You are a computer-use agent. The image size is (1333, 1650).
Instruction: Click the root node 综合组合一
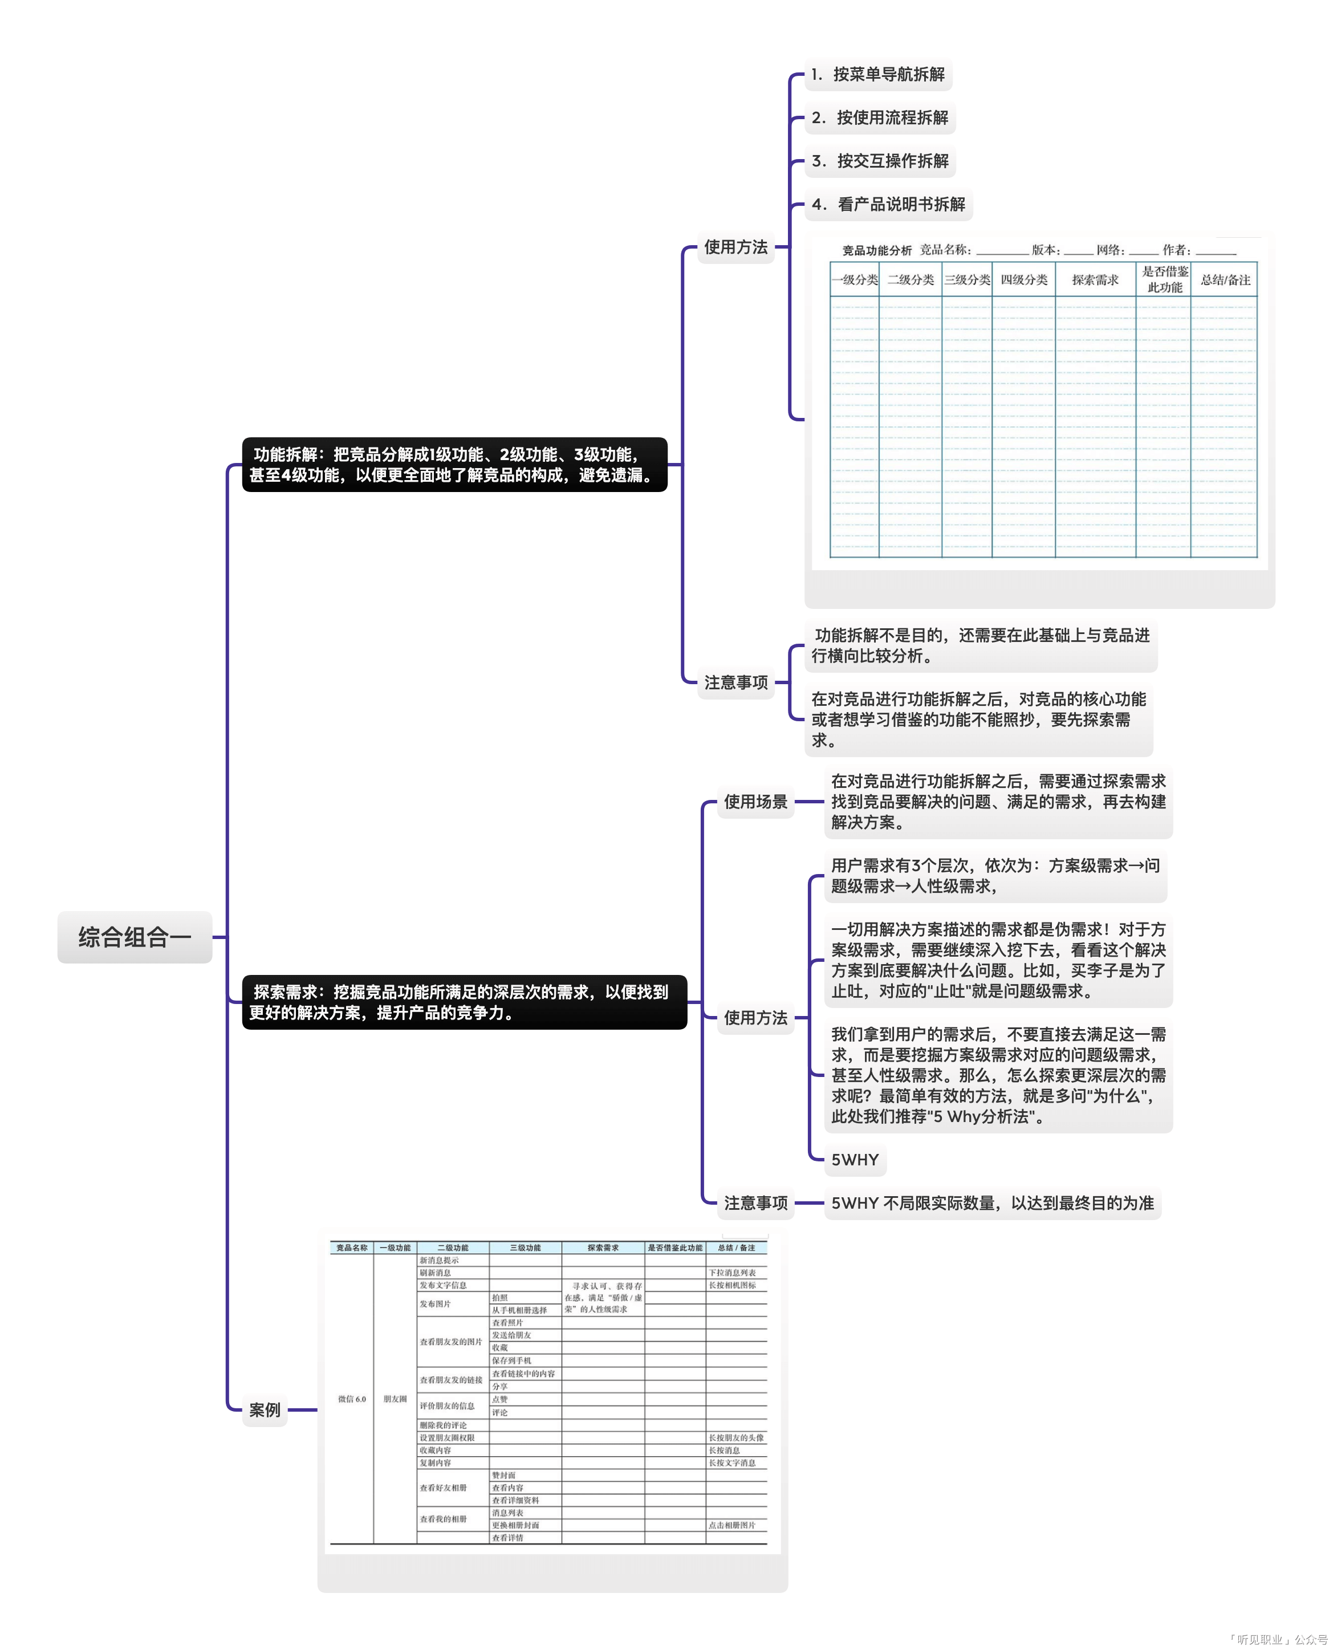[135, 937]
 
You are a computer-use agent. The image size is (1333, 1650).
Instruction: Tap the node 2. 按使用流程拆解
[880, 117]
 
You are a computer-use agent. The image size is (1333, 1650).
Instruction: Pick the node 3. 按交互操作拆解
[880, 160]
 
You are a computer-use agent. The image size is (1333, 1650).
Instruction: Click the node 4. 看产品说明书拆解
[888, 204]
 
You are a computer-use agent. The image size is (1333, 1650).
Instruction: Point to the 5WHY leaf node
[855, 1159]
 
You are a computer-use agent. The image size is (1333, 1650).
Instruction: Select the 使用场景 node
[755, 802]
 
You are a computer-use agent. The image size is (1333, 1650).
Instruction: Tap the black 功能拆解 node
[454, 465]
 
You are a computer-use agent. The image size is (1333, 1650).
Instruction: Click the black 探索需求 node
[464, 1002]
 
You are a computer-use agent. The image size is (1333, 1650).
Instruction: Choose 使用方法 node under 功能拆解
[735, 247]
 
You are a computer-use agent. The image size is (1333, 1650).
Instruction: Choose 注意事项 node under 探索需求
[755, 1202]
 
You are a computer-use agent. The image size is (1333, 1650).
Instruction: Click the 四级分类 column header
[1023, 279]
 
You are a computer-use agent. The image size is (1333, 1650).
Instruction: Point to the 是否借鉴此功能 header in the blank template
[1164, 279]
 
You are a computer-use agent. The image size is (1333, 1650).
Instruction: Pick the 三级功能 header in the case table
[525, 1247]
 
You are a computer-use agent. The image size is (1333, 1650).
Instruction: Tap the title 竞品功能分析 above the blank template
[877, 250]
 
